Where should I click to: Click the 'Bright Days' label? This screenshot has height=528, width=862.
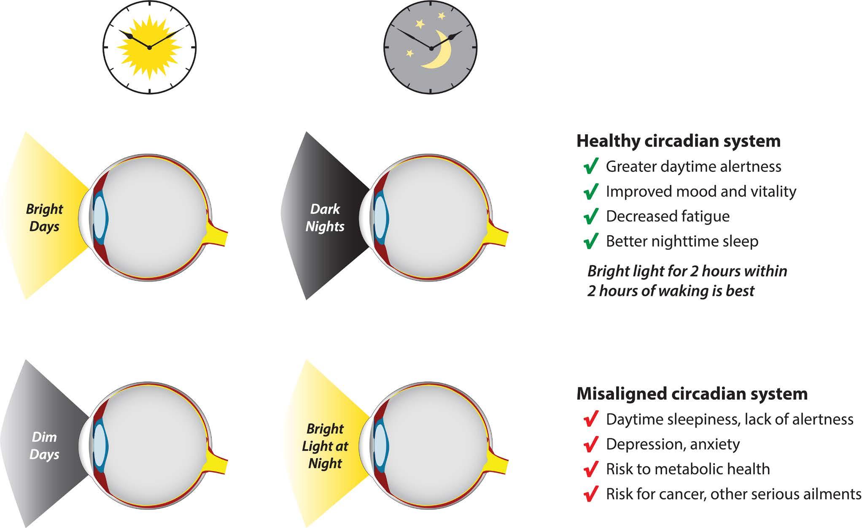[x=44, y=218]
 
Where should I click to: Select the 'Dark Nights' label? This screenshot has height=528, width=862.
[x=325, y=218]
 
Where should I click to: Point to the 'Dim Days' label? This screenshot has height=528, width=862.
[x=44, y=446]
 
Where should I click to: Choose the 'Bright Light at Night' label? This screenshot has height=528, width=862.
[x=325, y=446]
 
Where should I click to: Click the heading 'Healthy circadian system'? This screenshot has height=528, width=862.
[x=678, y=141]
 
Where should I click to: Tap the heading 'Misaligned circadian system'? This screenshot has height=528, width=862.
[x=692, y=394]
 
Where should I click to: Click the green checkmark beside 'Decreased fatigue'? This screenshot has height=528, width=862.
[x=591, y=216]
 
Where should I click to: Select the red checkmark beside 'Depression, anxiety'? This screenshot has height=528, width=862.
[x=591, y=444]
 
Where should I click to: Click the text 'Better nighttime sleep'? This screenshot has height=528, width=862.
[x=682, y=241]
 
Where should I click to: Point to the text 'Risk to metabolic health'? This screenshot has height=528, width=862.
[x=687, y=469]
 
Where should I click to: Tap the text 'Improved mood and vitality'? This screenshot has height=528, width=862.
[x=701, y=191]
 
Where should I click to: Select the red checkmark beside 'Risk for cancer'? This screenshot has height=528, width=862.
[x=591, y=493]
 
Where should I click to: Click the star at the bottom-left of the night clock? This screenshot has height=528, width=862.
[x=409, y=53]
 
